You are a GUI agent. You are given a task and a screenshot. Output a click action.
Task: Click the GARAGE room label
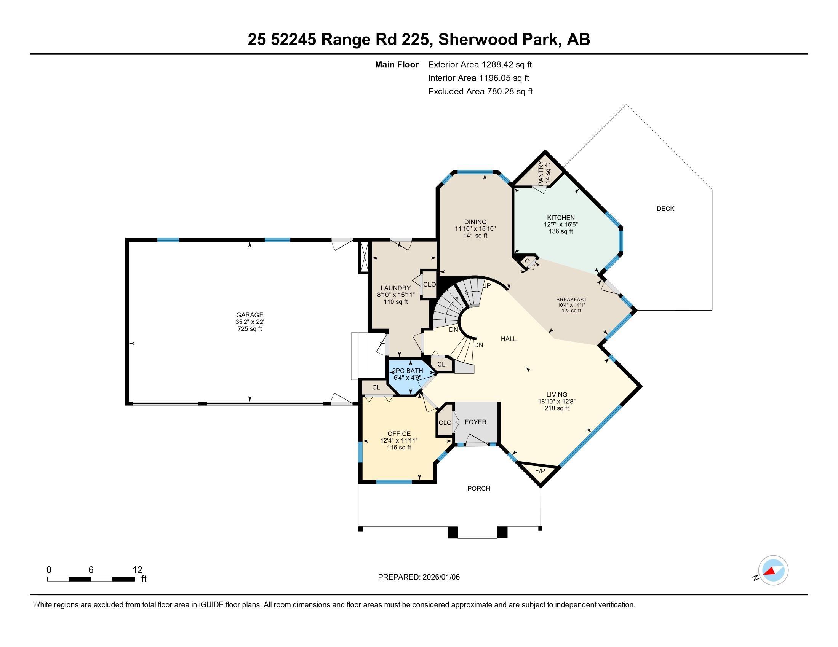pyautogui.click(x=249, y=315)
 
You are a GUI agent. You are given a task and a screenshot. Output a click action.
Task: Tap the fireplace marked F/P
pyautogui.click(x=540, y=471)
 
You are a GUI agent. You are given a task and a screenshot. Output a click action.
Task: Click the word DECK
pyautogui.click(x=665, y=209)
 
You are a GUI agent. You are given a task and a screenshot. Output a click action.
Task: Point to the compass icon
pyautogui.click(x=773, y=571)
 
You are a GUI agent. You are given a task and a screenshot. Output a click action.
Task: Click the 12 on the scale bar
pyautogui.click(x=137, y=570)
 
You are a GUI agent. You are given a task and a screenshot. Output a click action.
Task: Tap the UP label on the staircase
pyautogui.click(x=486, y=285)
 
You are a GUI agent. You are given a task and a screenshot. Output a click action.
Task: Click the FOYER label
pyautogui.click(x=475, y=422)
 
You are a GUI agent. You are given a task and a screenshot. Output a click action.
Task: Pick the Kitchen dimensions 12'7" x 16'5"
pyautogui.click(x=561, y=225)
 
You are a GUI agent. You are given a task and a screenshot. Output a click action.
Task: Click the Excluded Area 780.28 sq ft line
pyautogui.click(x=480, y=92)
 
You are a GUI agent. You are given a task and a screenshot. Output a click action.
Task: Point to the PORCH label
pyautogui.click(x=478, y=488)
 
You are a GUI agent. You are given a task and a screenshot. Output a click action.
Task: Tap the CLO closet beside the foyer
pyautogui.click(x=445, y=423)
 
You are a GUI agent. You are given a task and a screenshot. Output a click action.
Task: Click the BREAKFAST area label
pyautogui.click(x=571, y=300)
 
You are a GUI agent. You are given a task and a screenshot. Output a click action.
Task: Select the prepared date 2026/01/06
pyautogui.click(x=440, y=577)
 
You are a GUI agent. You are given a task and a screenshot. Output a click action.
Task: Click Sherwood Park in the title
pyautogui.click(x=498, y=39)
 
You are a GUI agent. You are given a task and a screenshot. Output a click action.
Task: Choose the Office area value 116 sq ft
pyautogui.click(x=399, y=447)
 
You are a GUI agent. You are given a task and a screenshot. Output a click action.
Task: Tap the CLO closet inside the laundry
pyautogui.click(x=429, y=284)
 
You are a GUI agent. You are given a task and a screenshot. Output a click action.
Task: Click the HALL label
pyautogui.click(x=509, y=339)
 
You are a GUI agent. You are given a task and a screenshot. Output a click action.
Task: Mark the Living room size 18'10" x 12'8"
pyautogui.click(x=557, y=401)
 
